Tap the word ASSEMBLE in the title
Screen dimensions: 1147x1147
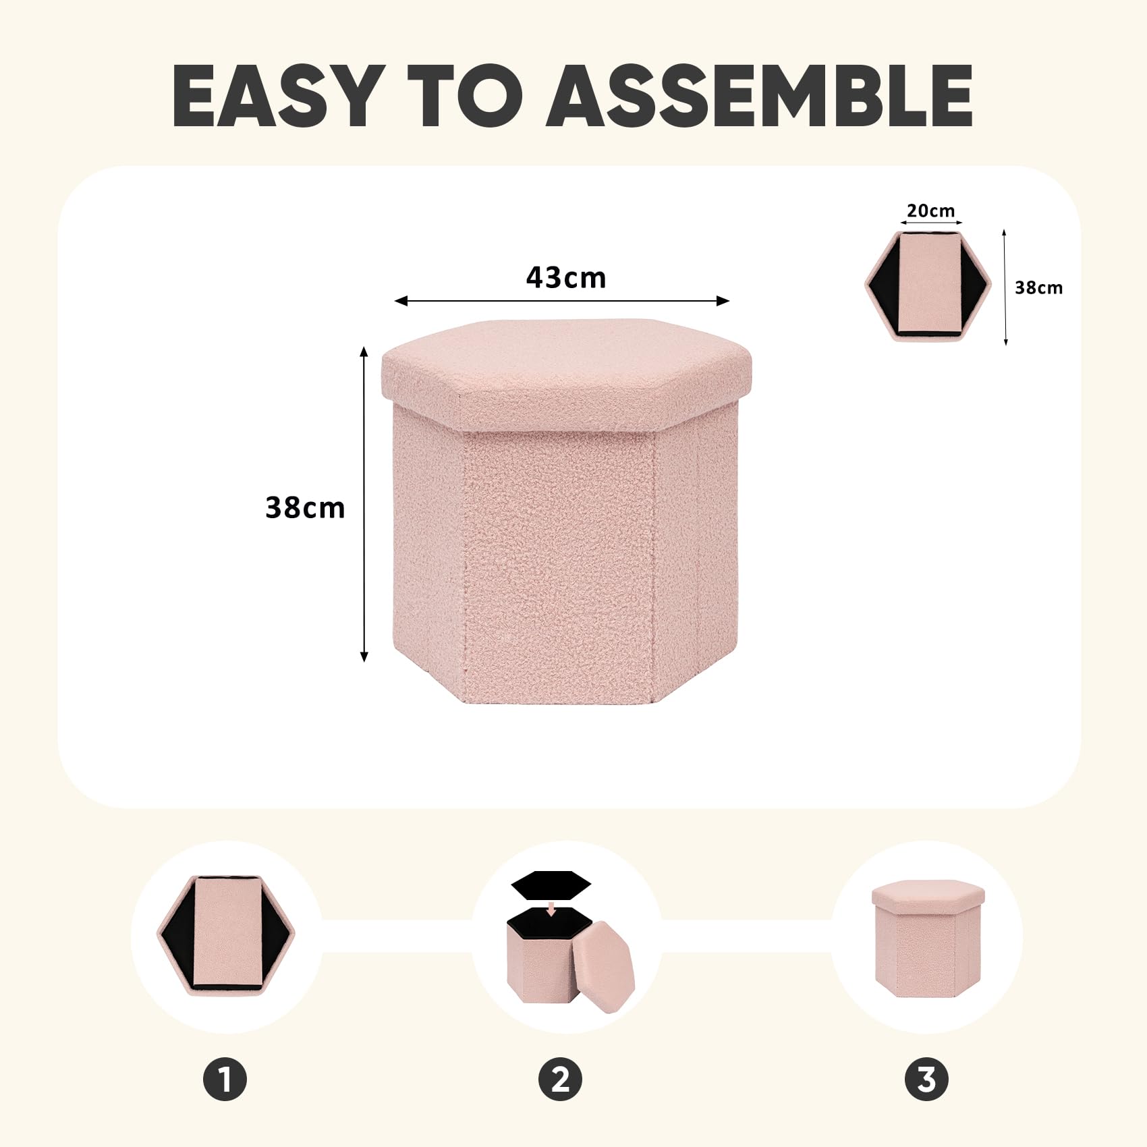[760, 95]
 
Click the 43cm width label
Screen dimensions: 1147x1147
[566, 277]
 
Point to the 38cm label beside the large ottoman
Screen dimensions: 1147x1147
[305, 507]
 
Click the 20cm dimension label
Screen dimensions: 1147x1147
[931, 211]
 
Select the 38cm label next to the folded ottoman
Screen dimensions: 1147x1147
[1039, 287]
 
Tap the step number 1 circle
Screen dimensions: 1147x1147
[225, 1079]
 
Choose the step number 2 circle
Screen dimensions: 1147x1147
[561, 1079]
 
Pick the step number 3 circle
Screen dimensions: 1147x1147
[926, 1079]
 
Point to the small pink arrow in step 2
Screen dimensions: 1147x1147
[552, 910]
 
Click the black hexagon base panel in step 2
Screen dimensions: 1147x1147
[551, 885]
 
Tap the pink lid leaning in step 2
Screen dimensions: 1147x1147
[604, 967]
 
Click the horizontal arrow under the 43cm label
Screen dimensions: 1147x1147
[562, 301]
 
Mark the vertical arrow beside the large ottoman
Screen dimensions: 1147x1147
[364, 504]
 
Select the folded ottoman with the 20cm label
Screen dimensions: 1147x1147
[928, 285]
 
